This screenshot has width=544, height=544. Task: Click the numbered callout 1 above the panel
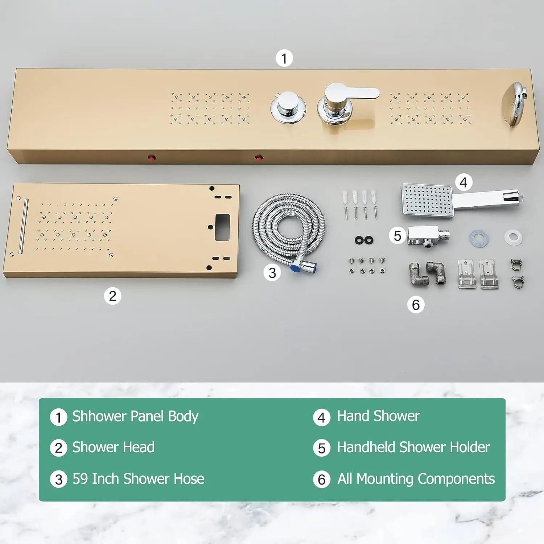(284, 58)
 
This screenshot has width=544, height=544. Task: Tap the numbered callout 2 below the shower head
(112, 296)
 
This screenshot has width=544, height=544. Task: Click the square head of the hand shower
(427, 201)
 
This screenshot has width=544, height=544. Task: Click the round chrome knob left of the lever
(288, 107)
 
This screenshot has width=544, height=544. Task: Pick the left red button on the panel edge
(152, 158)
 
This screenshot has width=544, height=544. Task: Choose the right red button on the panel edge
(259, 158)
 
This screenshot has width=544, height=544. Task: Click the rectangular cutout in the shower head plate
(222, 227)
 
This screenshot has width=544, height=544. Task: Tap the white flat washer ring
(513, 237)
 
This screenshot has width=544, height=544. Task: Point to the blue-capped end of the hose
(294, 269)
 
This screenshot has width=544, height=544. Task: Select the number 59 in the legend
(80, 479)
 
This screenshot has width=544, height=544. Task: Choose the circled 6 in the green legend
(321, 479)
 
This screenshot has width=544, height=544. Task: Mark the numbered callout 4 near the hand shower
(463, 182)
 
